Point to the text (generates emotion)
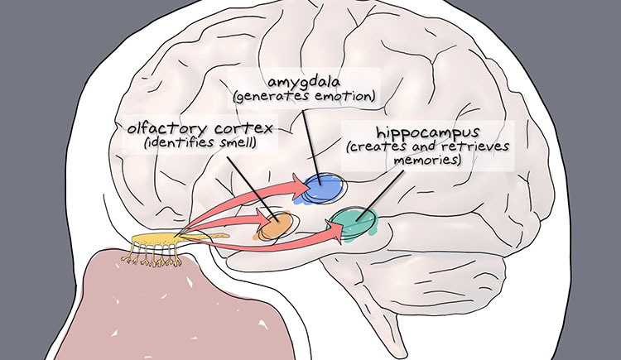(x=306, y=97)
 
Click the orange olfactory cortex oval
(x=277, y=225)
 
